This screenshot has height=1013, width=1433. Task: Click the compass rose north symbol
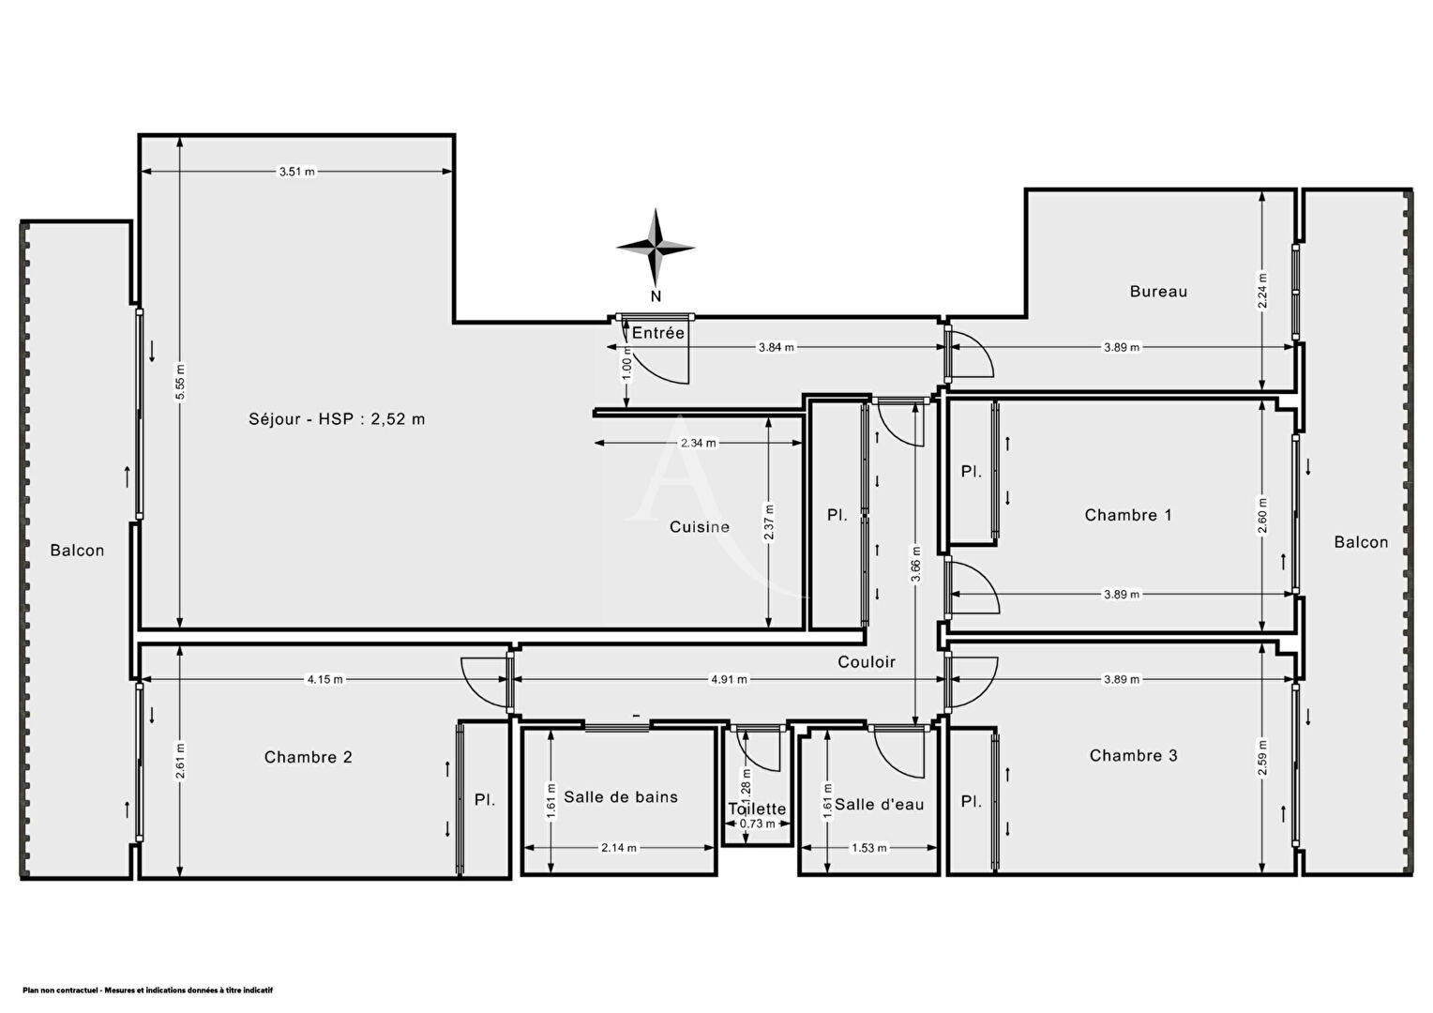(656, 248)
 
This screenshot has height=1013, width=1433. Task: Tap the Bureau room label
(1158, 292)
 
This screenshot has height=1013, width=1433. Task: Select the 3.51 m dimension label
(297, 172)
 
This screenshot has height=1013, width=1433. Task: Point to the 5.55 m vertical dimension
(180, 382)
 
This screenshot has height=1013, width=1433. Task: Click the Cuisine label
(700, 526)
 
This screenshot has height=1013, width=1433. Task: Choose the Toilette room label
(757, 809)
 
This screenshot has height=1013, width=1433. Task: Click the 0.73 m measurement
(758, 824)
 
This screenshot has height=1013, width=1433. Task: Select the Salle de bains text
(621, 796)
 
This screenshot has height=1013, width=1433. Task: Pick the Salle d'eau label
(879, 805)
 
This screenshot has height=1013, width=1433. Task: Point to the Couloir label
(867, 661)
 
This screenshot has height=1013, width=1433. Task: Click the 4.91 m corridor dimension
(730, 680)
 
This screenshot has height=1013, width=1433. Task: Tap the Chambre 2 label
(308, 757)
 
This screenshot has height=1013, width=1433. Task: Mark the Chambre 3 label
(1133, 756)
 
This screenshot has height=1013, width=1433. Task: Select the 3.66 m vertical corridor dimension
(916, 564)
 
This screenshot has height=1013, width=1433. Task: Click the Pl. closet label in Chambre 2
(484, 800)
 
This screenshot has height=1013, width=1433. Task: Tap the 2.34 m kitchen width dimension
(699, 443)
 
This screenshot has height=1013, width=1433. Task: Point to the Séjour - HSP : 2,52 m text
(337, 419)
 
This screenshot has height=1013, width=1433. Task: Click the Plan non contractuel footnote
(148, 990)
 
